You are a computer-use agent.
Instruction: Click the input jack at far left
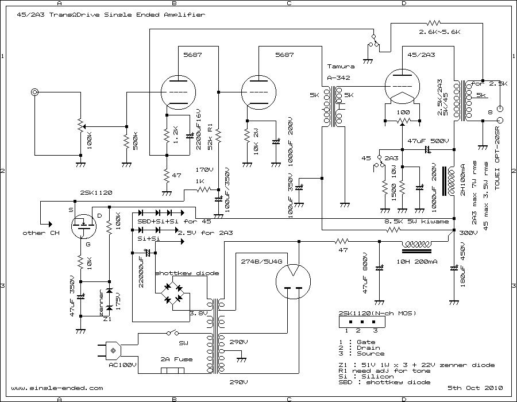click(36, 92)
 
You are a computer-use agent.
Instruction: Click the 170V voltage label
click(205, 170)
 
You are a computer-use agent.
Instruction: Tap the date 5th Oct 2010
click(469, 388)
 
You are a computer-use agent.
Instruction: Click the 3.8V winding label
click(199, 314)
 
